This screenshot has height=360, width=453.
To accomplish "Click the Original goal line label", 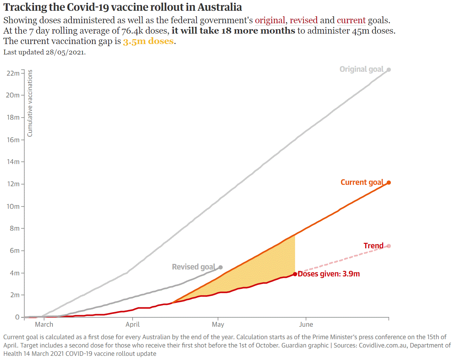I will pyautogui.click(x=361, y=69).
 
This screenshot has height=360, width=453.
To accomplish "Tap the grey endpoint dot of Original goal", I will pyautogui.click(x=389, y=70).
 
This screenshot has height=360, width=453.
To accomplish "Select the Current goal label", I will pyautogui.click(x=362, y=182).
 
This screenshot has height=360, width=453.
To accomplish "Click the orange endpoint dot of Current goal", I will pyautogui.click(x=389, y=183).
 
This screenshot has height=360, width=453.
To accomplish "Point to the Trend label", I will pyautogui.click(x=374, y=246).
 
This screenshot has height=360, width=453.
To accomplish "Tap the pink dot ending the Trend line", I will pyautogui.click(x=389, y=246).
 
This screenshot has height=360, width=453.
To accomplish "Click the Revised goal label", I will pyautogui.click(x=193, y=267).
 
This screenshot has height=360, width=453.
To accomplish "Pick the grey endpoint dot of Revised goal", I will pyautogui.click(x=220, y=267).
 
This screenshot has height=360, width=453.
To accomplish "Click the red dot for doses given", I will pyautogui.click(x=295, y=274).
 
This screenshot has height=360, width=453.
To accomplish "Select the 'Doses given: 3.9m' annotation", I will pyautogui.click(x=329, y=274).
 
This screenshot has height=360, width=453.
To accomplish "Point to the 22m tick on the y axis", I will pyautogui.click(x=13, y=73).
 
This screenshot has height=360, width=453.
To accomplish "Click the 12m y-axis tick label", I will pyautogui.click(x=13, y=184).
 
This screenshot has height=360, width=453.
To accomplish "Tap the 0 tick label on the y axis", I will pyautogui.click(x=17, y=317).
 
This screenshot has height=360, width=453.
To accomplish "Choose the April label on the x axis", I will pyautogui.click(x=133, y=325).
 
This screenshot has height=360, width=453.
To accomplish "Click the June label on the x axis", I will pyautogui.click(x=306, y=325).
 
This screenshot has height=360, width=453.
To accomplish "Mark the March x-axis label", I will pyautogui.click(x=44, y=325).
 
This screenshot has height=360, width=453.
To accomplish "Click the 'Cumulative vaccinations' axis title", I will pyautogui.click(x=30, y=103).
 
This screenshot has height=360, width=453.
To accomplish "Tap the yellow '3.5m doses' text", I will pyautogui.click(x=148, y=41).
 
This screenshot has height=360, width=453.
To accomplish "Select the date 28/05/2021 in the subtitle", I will pyautogui.click(x=65, y=52).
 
